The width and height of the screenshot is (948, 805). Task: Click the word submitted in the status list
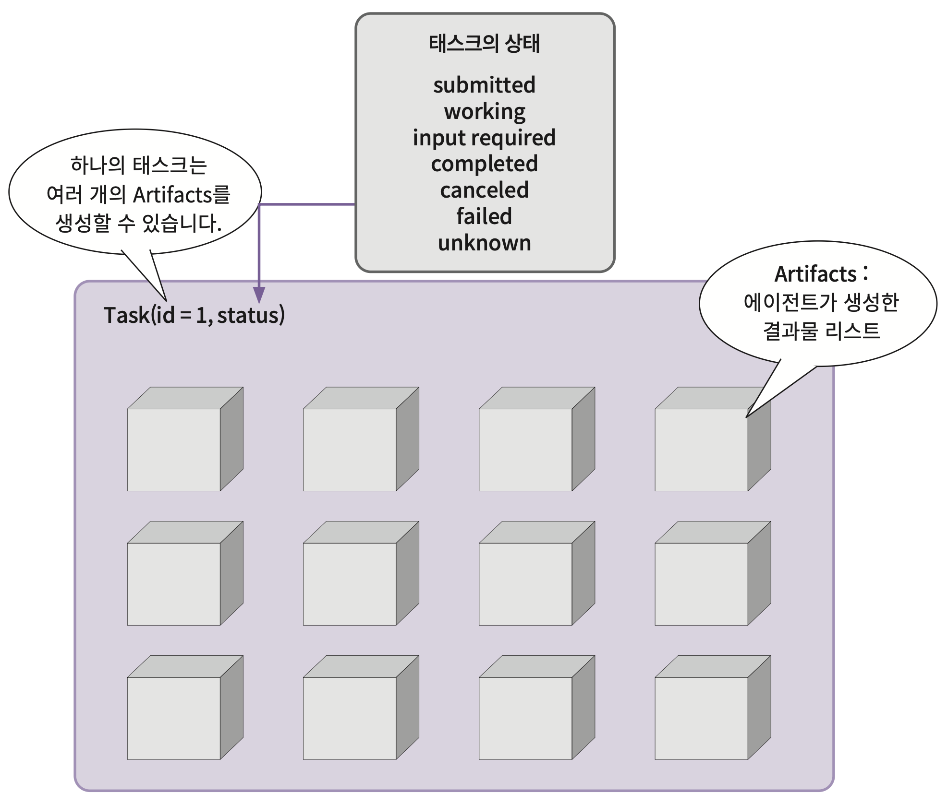(484, 85)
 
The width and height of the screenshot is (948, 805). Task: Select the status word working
(484, 112)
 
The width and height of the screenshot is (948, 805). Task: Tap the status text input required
(484, 138)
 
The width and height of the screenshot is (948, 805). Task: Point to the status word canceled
(484, 190)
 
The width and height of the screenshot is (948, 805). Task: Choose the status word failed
(484, 216)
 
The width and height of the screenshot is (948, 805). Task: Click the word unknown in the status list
(484, 243)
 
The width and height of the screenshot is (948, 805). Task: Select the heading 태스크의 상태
(484, 44)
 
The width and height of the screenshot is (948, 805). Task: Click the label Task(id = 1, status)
(194, 316)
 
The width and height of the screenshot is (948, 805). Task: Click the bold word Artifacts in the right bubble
(815, 274)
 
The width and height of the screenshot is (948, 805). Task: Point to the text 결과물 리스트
(821, 331)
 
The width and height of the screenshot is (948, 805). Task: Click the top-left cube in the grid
(174, 450)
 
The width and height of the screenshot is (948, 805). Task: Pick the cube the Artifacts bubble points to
(701, 450)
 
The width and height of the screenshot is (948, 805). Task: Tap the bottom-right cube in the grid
(701, 718)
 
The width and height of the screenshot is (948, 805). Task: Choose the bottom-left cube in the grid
(174, 718)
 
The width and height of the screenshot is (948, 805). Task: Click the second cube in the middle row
(350, 583)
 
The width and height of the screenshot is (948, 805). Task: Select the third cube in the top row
(525, 450)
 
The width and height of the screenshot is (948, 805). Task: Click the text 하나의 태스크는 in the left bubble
(138, 166)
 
